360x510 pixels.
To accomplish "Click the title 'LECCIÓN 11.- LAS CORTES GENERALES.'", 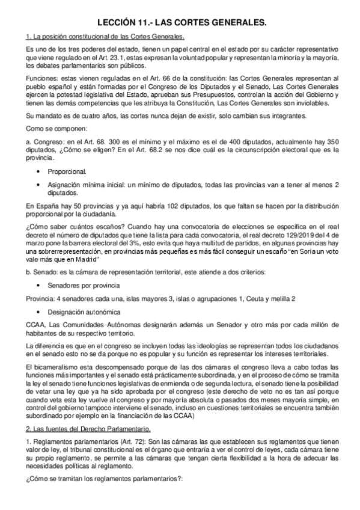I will [x=180, y=23].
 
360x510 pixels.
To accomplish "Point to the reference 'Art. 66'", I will [x=154, y=78].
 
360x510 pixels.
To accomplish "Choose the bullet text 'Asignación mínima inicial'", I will [x=85, y=186].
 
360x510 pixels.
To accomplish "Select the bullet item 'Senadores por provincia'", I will [x=81, y=286].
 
